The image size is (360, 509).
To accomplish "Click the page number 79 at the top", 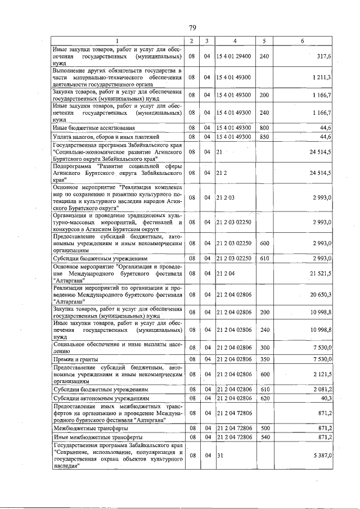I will [x=192, y=28].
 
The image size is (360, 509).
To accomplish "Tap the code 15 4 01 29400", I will [x=233, y=57].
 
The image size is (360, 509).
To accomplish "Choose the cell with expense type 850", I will [x=264, y=137].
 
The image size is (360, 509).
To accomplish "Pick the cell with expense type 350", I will [x=264, y=359].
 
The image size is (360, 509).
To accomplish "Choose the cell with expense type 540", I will [x=264, y=436].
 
